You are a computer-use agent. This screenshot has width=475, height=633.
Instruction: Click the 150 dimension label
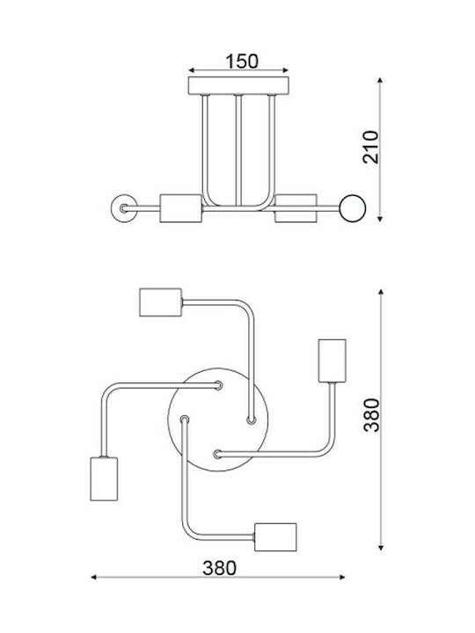[x=242, y=62]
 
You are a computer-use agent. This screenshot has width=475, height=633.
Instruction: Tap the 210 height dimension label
[x=371, y=147]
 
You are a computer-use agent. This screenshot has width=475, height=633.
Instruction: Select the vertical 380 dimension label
[x=371, y=415]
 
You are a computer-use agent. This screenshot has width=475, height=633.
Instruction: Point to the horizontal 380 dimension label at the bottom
[x=219, y=568]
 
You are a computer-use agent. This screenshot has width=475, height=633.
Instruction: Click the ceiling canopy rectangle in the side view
[x=238, y=85]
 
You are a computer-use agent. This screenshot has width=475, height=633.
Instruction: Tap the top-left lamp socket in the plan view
[x=161, y=302]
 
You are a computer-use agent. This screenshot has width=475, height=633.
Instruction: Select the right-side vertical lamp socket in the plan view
[x=332, y=361]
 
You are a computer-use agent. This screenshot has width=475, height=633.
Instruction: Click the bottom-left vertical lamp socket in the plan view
[x=104, y=479]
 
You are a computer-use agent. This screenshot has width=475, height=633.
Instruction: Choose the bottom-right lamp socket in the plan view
[x=276, y=537]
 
